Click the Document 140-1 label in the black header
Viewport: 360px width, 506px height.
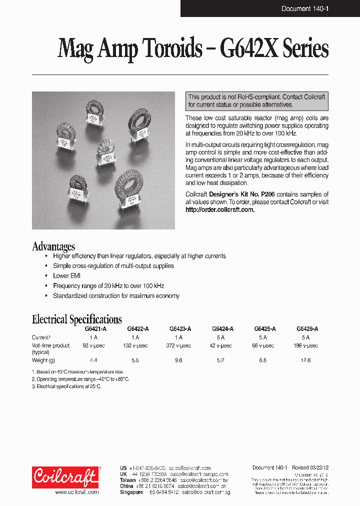[x=304, y=8]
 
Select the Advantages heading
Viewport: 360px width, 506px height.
[x=53, y=246]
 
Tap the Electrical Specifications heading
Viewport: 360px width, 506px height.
[x=77, y=319]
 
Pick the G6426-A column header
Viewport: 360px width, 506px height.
[x=307, y=329]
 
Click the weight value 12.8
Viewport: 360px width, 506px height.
[x=306, y=360]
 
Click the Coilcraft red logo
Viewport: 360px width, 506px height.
[x=65, y=477]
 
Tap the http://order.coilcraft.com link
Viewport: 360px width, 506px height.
[x=220, y=209]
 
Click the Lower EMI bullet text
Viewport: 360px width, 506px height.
[x=67, y=275]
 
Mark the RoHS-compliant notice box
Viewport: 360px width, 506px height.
[x=257, y=101]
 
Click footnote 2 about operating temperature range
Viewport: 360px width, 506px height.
[x=80, y=379]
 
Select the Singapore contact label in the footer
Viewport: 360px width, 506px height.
[x=132, y=492]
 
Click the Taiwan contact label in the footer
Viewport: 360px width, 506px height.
[x=127, y=480]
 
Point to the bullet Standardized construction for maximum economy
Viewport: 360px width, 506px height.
[x=116, y=295]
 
